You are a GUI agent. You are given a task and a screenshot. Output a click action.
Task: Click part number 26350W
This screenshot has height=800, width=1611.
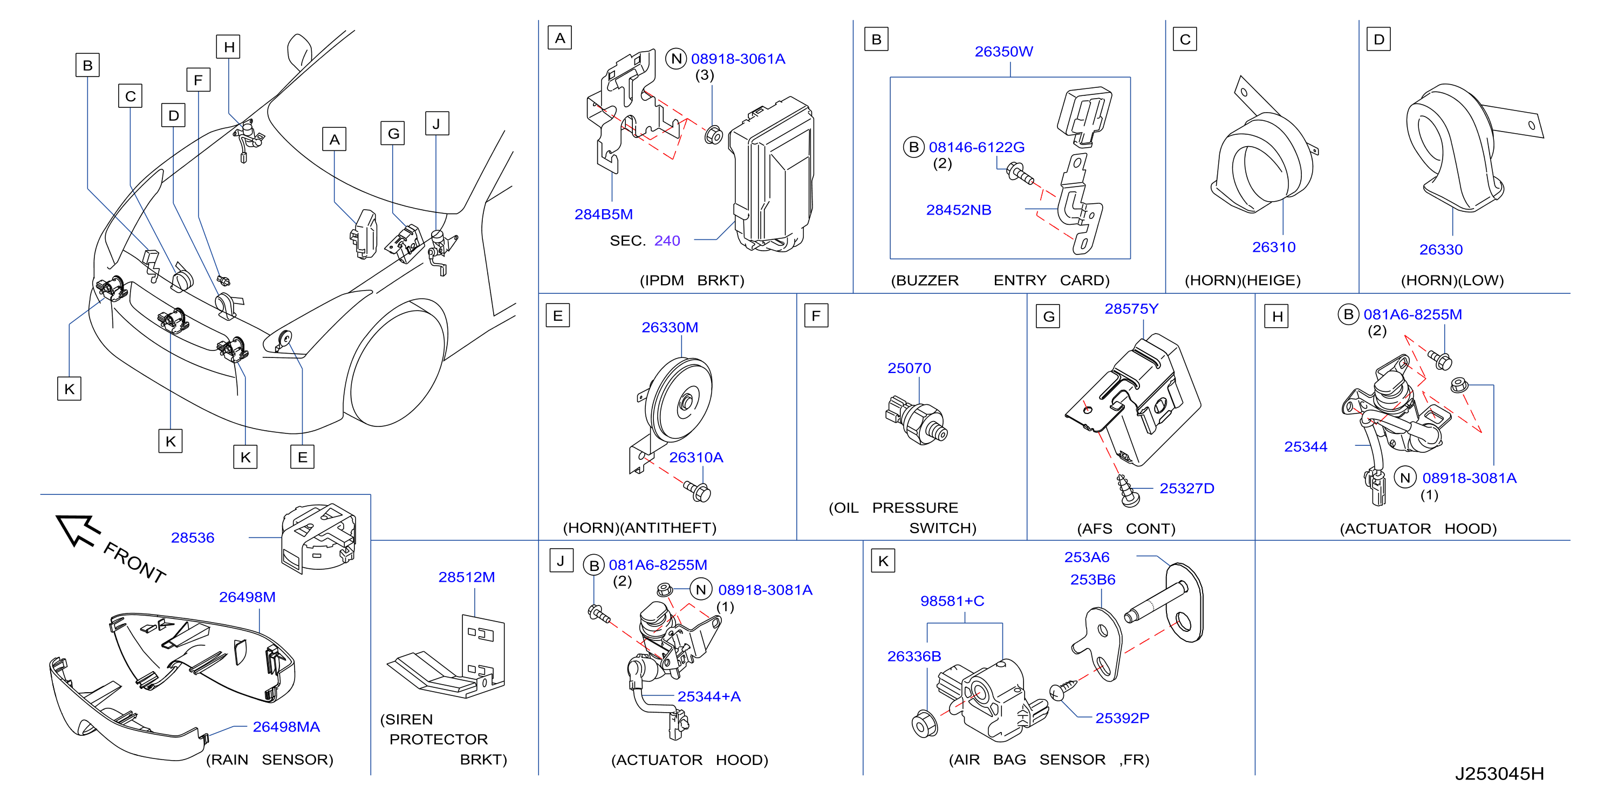pos(1003,51)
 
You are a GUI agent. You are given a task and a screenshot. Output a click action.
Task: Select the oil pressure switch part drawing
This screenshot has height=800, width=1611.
pos(917,420)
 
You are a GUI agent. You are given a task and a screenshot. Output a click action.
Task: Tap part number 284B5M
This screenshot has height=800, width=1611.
pos(604,215)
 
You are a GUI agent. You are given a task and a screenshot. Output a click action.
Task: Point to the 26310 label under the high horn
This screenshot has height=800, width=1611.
pos(1273,247)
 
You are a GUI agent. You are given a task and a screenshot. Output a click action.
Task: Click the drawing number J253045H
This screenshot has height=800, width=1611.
pos(1499,774)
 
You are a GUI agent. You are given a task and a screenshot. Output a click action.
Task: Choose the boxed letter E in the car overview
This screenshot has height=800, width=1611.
pos(302,457)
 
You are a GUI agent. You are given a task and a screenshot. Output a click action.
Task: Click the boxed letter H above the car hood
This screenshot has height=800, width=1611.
pos(229,47)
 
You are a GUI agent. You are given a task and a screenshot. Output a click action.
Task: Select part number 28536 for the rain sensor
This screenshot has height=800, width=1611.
pos(193,537)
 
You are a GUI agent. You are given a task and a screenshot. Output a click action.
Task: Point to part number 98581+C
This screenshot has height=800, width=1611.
pos(952,601)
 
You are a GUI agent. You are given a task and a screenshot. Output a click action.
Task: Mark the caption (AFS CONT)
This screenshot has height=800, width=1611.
pos(1125,529)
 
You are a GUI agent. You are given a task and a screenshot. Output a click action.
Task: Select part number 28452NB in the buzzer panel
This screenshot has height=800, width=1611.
pos(958,210)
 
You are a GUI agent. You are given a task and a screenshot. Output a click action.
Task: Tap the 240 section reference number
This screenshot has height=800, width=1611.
pos(667,240)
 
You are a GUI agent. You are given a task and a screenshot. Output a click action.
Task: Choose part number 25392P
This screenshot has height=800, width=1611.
pos(1122,718)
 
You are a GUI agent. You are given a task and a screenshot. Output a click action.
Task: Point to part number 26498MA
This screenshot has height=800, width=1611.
pos(286,727)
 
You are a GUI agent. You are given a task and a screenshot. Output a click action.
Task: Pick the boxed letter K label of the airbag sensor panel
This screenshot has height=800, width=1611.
pos(883,561)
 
